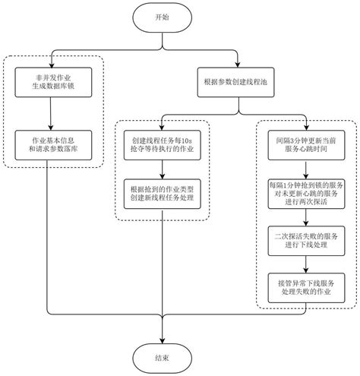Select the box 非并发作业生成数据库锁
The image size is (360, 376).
click(50, 80)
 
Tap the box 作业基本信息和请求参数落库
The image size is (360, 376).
click(50, 144)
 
